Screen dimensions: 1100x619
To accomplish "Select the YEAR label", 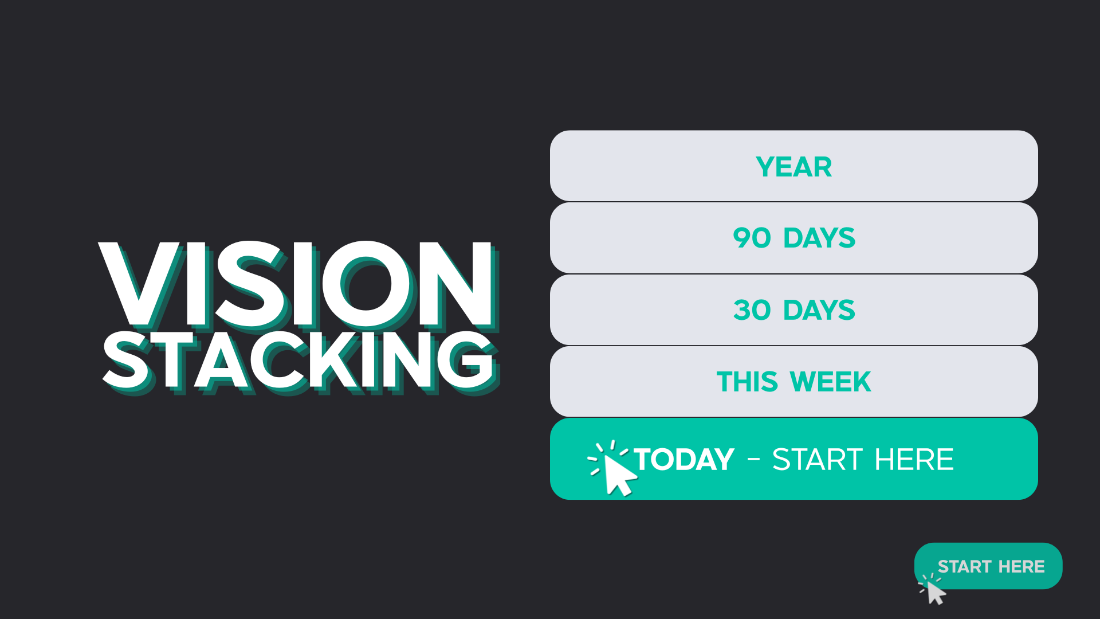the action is point(793,167).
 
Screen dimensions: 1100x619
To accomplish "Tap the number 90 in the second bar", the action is point(752,238).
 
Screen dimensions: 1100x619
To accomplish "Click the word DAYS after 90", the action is point(819,238).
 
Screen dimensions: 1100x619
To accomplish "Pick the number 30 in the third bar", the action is point(752,310).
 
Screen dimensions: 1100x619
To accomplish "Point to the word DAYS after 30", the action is point(819,310).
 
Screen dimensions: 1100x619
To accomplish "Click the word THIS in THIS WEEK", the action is point(747,382).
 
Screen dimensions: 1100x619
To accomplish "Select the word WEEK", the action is point(830,382).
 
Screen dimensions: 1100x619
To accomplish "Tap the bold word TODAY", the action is point(684,460).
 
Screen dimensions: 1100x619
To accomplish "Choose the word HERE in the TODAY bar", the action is point(914,460).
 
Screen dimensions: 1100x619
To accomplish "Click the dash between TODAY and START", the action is point(753,460).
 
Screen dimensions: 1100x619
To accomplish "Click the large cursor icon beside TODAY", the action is point(613,468).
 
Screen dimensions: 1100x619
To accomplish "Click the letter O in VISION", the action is point(367,284).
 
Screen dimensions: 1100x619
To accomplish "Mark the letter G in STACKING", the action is point(466,361).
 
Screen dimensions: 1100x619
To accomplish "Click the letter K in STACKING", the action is point(336,362).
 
